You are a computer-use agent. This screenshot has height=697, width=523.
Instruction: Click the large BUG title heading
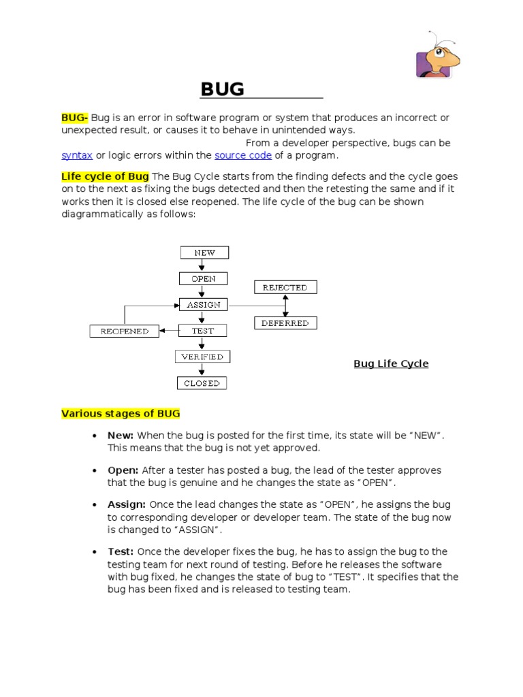click(x=222, y=89)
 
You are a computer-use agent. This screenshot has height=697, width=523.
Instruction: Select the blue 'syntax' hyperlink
click(x=77, y=155)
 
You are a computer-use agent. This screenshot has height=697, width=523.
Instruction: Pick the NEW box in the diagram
click(x=204, y=253)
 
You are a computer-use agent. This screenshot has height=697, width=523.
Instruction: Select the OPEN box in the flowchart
click(x=203, y=278)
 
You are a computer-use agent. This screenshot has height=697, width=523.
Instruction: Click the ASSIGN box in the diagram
click(x=203, y=305)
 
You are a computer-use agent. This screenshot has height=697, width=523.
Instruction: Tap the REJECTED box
click(x=285, y=287)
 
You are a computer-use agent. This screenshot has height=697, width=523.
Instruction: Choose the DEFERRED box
click(x=285, y=323)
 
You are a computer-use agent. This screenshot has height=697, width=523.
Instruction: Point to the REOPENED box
click(x=124, y=331)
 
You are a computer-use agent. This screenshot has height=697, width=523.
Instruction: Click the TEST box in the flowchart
click(x=202, y=331)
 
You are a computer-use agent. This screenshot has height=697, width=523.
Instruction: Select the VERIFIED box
click(x=202, y=357)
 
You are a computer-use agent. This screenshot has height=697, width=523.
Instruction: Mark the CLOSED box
click(x=202, y=383)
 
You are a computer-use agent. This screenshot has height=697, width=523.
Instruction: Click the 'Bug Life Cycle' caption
click(x=391, y=363)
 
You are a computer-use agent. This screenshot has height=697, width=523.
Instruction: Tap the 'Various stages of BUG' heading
click(x=121, y=413)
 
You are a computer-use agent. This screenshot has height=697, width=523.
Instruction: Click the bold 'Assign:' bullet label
click(x=127, y=504)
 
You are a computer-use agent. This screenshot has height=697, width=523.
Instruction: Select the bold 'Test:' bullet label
click(x=121, y=551)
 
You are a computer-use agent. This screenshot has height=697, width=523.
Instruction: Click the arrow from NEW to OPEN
click(x=203, y=265)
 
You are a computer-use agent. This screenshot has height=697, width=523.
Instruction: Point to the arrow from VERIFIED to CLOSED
click(x=202, y=370)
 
